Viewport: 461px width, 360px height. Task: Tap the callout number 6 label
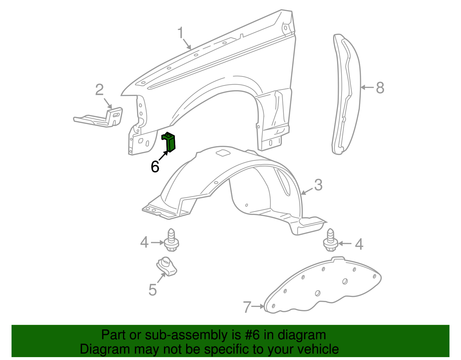pos(155,167)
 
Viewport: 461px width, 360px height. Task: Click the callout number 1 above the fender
pos(180,33)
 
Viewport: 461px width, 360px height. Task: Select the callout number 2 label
pos(99,90)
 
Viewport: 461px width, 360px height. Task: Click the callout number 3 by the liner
pos(318,185)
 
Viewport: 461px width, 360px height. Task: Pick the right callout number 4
pos(359,244)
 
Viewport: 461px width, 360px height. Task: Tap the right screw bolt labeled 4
pos(331,240)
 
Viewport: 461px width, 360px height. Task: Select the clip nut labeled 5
pos(166,266)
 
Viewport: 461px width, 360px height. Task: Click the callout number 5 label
pos(152,290)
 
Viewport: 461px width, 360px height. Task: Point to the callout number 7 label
pos(247,307)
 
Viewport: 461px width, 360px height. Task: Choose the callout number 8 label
pos(380,88)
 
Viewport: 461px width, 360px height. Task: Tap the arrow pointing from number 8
pos(367,87)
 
